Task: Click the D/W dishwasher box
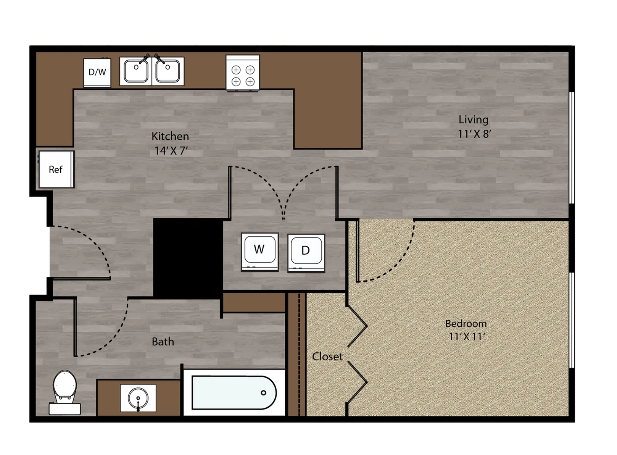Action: (x=97, y=72)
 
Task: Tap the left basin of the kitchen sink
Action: (x=136, y=71)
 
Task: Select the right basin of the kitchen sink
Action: (x=168, y=71)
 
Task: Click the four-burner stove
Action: (x=243, y=73)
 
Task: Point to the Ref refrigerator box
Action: (x=56, y=169)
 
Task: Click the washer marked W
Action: (x=260, y=252)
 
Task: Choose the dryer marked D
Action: (x=306, y=253)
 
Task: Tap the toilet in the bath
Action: (x=65, y=392)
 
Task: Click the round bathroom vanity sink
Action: (x=138, y=398)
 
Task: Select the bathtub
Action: (x=234, y=392)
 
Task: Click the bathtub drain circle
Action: (x=263, y=393)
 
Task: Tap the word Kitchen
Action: (x=170, y=136)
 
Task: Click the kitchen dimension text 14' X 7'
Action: (x=171, y=151)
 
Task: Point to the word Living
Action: (x=474, y=120)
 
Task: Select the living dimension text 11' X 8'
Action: (x=475, y=134)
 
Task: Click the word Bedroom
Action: (x=466, y=324)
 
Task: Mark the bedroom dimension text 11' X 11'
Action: (x=467, y=337)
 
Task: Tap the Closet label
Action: (x=327, y=357)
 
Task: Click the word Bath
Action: (x=163, y=342)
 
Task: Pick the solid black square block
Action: (x=188, y=258)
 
